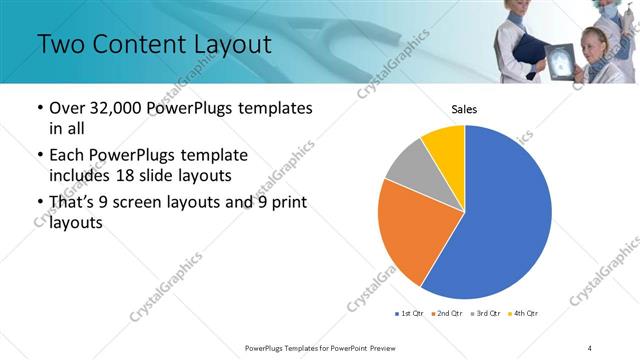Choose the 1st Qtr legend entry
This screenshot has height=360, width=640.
410,314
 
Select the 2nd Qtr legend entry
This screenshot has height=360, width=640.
447,314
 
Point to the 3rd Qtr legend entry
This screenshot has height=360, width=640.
485,314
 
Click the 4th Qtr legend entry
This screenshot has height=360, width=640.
523,314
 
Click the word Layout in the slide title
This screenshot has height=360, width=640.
225,44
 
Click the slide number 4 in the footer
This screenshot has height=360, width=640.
590,347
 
